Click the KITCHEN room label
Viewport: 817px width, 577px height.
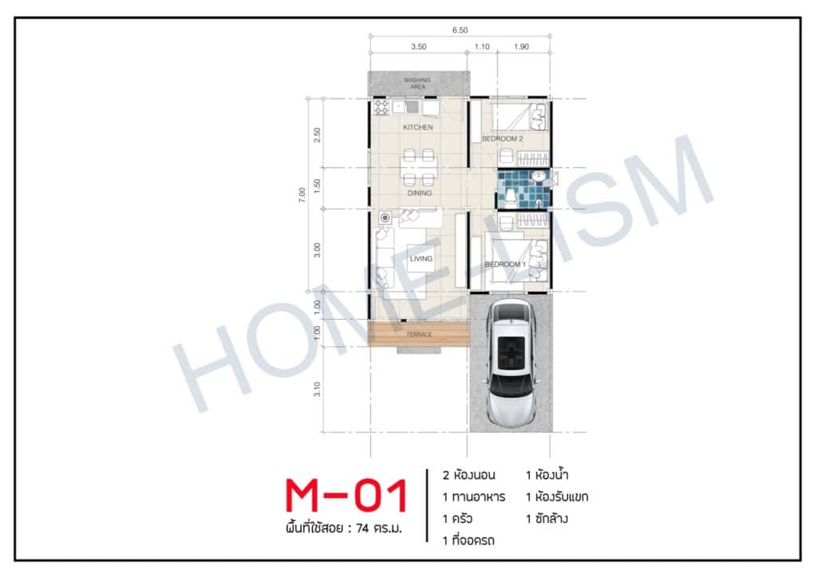417,128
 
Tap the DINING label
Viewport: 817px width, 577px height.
419,193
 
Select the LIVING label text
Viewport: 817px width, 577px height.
420,258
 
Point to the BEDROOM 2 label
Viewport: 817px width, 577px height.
502,139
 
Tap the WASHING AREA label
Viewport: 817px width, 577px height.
416,83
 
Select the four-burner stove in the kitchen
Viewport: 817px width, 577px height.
381,108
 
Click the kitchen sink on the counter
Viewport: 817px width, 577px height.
412,107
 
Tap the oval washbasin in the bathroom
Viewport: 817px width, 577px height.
539,175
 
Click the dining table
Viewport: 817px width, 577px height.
419,167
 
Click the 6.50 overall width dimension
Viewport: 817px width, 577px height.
459,30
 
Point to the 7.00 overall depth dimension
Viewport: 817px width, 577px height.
302,193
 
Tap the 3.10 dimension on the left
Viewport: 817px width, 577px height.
318,390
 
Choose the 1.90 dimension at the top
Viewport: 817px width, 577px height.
523,47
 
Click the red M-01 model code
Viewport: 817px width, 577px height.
346,496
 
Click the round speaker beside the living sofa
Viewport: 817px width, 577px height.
385,217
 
